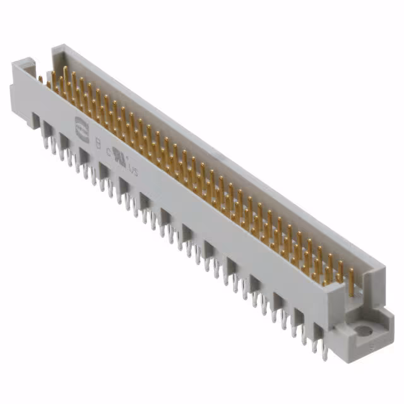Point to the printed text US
point(133,169)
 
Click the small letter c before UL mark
point(109,151)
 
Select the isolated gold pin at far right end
point(351,278)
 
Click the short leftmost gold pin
point(40,80)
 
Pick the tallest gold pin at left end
point(65,74)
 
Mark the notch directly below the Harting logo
point(66,140)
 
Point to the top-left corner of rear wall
point(56,48)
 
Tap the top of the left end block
point(25,63)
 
